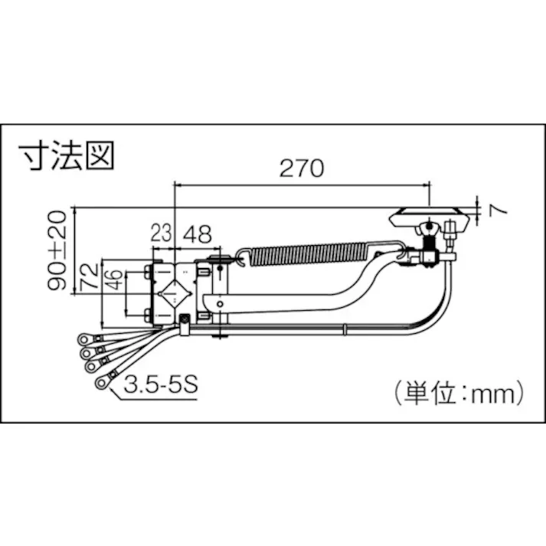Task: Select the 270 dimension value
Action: point(302,169)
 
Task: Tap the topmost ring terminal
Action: point(82,339)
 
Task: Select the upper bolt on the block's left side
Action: point(146,270)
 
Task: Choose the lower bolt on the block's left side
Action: point(146,312)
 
